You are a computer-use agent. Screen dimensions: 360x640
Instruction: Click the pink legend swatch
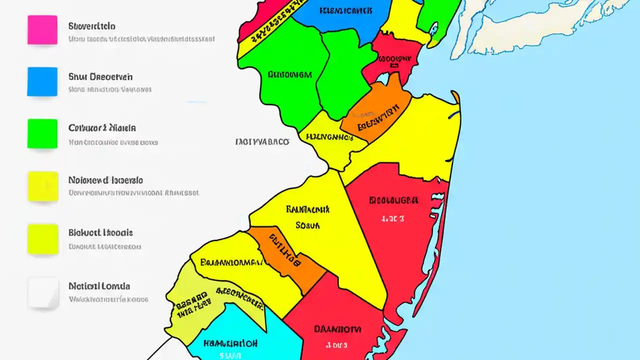[42, 29]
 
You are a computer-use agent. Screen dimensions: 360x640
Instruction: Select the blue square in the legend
[42, 81]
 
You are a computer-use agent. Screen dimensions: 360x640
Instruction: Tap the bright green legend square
[42, 133]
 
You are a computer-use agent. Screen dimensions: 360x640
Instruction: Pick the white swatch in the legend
[42, 292]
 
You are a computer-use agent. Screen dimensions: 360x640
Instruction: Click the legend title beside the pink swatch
[91, 26]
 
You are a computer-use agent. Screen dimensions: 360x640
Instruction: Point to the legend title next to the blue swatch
[100, 77]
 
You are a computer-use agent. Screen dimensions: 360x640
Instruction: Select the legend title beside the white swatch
[99, 286]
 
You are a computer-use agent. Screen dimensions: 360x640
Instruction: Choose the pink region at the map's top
[260, 15]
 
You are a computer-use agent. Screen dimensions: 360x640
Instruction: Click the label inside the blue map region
[345, 10]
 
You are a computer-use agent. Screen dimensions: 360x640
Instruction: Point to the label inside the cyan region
[230, 344]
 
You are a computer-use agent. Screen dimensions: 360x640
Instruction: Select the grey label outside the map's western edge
[262, 142]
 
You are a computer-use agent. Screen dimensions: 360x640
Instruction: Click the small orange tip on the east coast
[455, 96]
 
